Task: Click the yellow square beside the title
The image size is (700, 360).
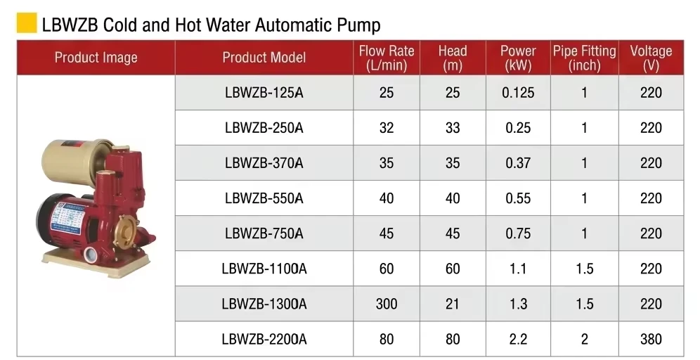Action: [x=27, y=23]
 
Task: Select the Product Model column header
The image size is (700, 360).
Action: [x=264, y=58]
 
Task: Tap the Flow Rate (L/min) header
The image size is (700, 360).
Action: [x=387, y=58]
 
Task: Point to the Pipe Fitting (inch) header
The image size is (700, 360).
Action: [x=584, y=58]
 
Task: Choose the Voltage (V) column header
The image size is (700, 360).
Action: [x=651, y=58]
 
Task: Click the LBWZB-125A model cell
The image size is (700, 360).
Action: [x=264, y=93]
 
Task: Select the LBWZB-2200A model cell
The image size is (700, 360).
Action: [x=264, y=340]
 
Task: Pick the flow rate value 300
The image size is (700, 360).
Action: [x=387, y=304]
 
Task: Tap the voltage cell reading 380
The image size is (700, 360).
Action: [x=651, y=340]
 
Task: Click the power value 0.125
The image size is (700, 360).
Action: [x=518, y=93]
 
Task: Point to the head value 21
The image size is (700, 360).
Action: [x=452, y=304]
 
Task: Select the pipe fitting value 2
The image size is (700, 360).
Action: [x=584, y=340]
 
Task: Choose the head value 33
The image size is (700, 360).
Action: [x=452, y=128]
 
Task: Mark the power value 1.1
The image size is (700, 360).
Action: [x=518, y=269]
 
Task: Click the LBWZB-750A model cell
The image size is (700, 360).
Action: [x=264, y=233]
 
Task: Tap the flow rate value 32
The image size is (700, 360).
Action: [x=387, y=128]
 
